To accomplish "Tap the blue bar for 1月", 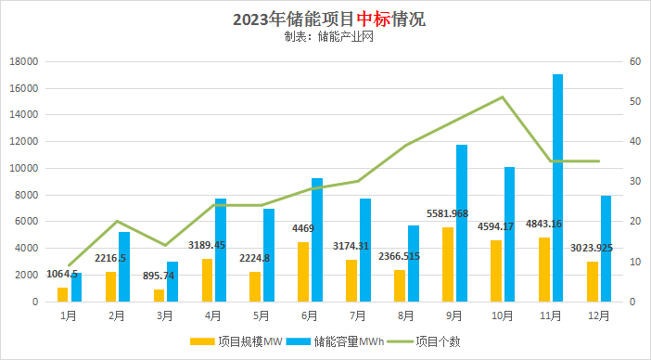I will (76, 287).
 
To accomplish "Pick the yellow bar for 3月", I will (159, 295).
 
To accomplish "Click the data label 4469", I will (303, 228).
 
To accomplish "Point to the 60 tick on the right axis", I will (634, 61).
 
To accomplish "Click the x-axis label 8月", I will (406, 315).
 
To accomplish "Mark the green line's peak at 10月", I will (502, 96).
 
